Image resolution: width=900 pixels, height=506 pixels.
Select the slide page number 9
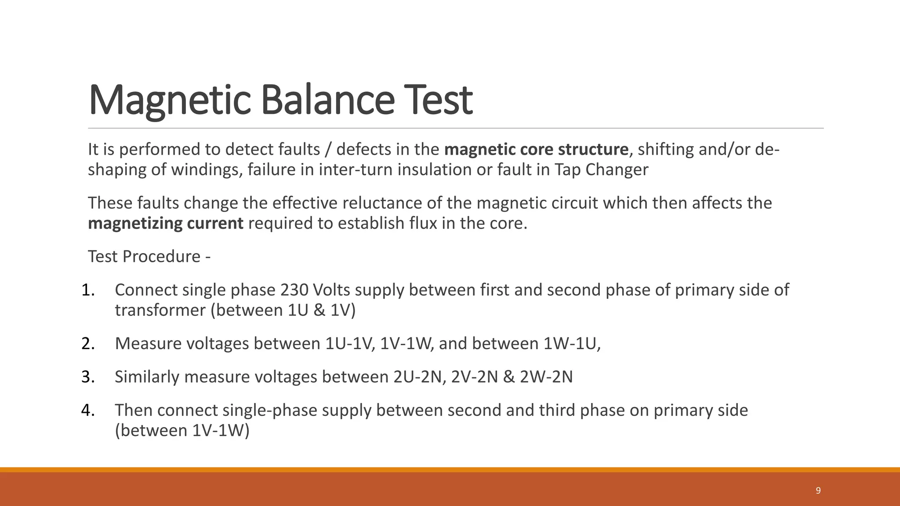[x=818, y=491]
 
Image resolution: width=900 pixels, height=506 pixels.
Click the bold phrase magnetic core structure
[x=536, y=150]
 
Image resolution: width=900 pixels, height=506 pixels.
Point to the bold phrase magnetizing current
[x=165, y=224]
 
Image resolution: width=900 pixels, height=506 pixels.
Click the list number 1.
[x=88, y=290]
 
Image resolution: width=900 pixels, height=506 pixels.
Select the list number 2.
[x=88, y=343]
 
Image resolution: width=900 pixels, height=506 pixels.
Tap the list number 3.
[x=88, y=377]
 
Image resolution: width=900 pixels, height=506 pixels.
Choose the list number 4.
[x=88, y=410]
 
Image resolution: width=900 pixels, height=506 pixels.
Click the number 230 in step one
[x=295, y=290]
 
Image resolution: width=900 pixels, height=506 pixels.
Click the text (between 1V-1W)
[x=182, y=430]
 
